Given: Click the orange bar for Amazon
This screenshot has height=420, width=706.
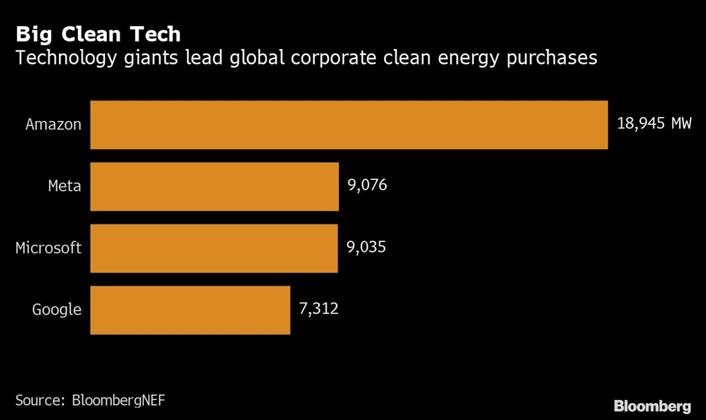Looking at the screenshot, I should (349, 125).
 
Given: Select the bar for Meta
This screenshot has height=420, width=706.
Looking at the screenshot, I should (214, 186).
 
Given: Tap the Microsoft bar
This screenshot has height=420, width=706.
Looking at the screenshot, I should (214, 248).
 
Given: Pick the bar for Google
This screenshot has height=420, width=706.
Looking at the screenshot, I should (190, 310).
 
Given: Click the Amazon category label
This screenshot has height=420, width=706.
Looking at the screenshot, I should (53, 124).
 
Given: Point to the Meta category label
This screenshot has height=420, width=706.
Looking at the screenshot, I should (65, 186).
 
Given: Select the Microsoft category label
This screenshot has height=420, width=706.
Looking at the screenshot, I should (48, 248).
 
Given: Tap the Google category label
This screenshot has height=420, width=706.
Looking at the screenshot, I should (56, 310).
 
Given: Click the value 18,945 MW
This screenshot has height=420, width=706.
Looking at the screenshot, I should (654, 124).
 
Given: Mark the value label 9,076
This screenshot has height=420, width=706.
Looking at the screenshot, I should (367, 185).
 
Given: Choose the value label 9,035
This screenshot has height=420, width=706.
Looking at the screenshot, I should (366, 247).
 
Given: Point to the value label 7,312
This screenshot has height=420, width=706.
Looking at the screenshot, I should (319, 309).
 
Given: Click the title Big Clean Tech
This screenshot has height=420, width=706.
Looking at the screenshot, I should (98, 34).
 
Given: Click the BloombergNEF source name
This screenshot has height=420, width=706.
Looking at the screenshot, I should (118, 401).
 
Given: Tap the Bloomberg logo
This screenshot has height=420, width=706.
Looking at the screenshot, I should (652, 406).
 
